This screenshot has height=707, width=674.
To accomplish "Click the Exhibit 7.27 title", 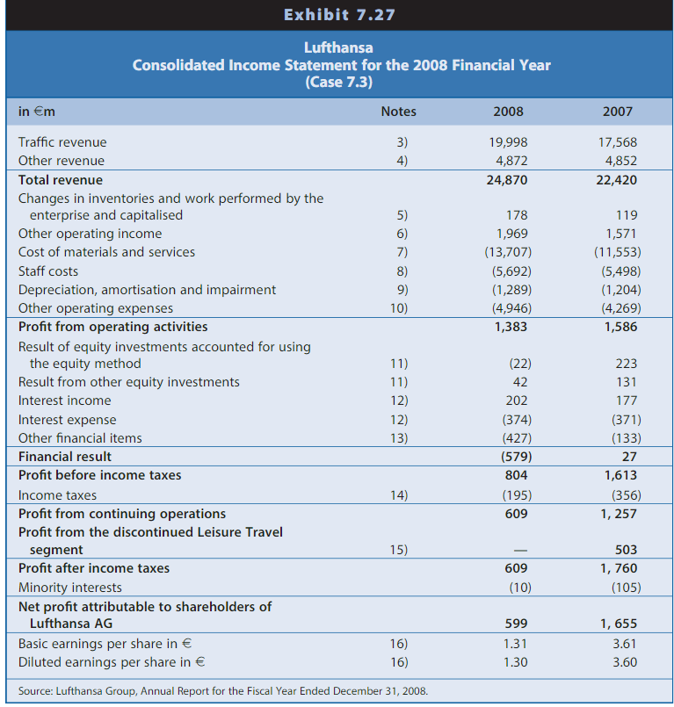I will pyautogui.click(x=338, y=15).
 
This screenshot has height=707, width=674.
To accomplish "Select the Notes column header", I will pyautogui.click(x=398, y=112).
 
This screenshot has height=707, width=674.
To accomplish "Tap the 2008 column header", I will pyautogui.click(x=508, y=112).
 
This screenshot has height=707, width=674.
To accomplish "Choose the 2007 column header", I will pyautogui.click(x=617, y=112).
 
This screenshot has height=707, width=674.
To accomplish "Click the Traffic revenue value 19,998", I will pyautogui.click(x=508, y=142).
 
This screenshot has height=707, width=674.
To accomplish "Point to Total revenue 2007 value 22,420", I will pyautogui.click(x=617, y=179).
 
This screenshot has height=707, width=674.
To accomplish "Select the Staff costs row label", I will pyautogui.click(x=48, y=271).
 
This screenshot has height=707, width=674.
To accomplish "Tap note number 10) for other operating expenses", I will pyautogui.click(x=398, y=308).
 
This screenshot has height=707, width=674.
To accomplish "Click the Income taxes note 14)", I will pyautogui.click(x=398, y=495).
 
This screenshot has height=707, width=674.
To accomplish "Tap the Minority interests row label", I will pyautogui.click(x=70, y=588).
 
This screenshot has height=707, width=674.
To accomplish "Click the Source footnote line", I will pyautogui.click(x=223, y=691).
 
